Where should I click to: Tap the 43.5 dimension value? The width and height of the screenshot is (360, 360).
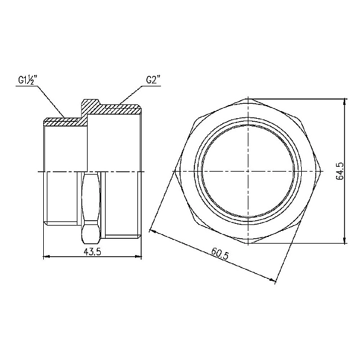(92, 251)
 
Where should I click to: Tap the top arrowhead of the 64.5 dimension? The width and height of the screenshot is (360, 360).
(346, 101)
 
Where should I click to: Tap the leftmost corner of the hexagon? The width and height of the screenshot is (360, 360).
(178, 172)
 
